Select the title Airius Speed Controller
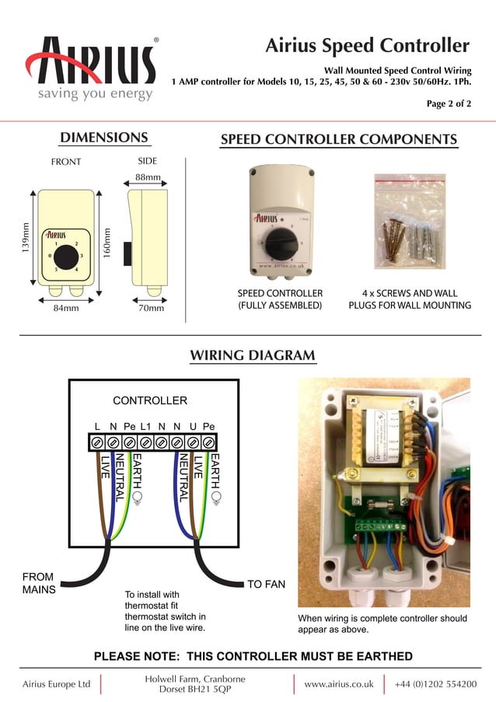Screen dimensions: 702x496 (x=368, y=45)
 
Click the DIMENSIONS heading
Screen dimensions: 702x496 (x=104, y=138)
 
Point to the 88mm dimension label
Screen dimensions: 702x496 (x=148, y=177)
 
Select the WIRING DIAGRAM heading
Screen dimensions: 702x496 (x=253, y=356)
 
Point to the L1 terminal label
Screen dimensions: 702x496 (x=145, y=427)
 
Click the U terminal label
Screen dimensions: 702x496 (x=193, y=427)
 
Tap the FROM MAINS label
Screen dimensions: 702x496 (x=38, y=583)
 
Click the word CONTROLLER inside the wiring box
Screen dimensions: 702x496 (x=150, y=400)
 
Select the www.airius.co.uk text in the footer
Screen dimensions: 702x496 (x=339, y=684)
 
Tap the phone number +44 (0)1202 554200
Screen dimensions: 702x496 (x=435, y=684)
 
